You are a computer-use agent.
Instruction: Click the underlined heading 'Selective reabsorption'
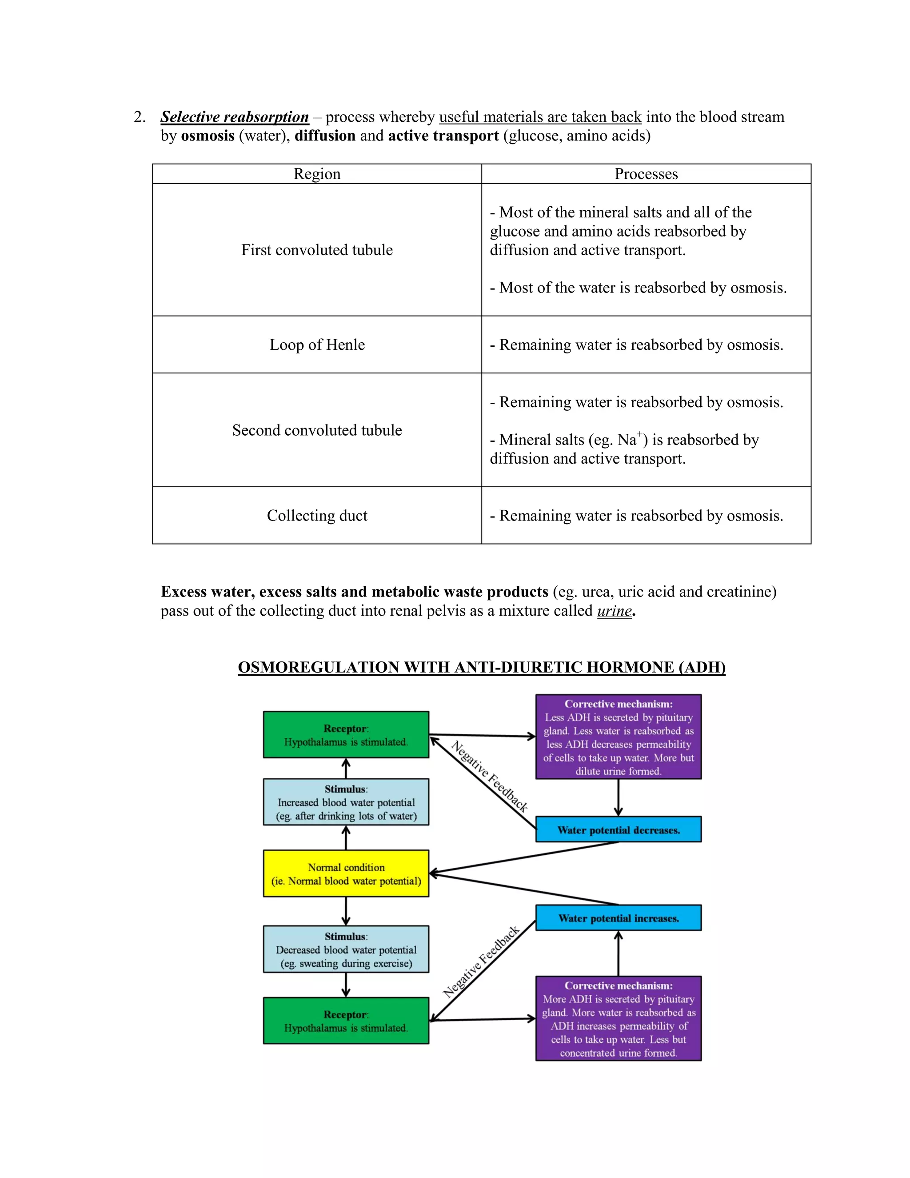[235, 117]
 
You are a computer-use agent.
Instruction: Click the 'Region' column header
[317, 174]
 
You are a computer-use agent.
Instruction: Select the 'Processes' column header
[646, 174]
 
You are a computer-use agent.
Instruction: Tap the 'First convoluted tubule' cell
[317, 250]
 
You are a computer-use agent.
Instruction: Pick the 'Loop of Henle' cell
[317, 345]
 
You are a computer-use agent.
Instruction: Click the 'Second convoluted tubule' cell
[317, 430]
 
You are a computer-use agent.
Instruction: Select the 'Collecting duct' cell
[317, 516]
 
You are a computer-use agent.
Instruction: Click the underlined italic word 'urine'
[614, 611]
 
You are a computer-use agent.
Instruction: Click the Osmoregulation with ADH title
[481, 667]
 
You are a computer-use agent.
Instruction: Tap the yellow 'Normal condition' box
[346, 874]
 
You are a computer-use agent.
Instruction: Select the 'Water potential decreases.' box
[619, 829]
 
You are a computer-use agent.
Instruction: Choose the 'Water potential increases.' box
[619, 918]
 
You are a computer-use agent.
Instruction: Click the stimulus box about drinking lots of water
[346, 802]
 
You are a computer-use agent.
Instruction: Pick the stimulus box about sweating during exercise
[346, 950]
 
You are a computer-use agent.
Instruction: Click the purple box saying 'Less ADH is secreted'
[619, 737]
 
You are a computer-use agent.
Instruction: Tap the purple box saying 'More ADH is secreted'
[619, 1018]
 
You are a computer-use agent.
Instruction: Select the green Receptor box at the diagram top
[346, 735]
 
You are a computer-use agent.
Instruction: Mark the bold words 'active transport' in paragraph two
[443, 136]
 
